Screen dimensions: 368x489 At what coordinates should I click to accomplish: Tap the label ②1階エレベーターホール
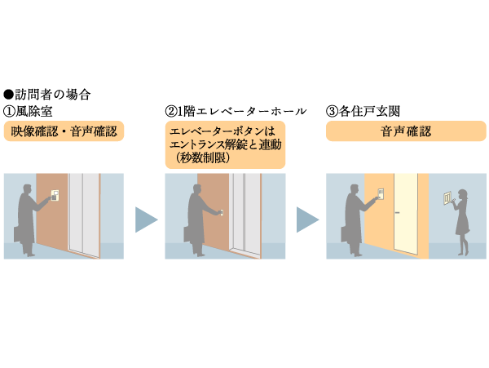point(235,111)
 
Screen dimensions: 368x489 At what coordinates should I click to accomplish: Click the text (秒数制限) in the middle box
point(200,159)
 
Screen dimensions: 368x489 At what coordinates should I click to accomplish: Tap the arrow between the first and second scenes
point(146,218)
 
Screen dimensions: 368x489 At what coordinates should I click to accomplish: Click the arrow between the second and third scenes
point(307,218)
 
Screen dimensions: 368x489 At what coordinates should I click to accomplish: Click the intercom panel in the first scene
point(55,195)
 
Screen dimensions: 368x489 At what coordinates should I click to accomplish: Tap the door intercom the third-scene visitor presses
point(380,195)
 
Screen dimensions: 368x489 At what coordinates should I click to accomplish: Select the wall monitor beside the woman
point(446,198)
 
